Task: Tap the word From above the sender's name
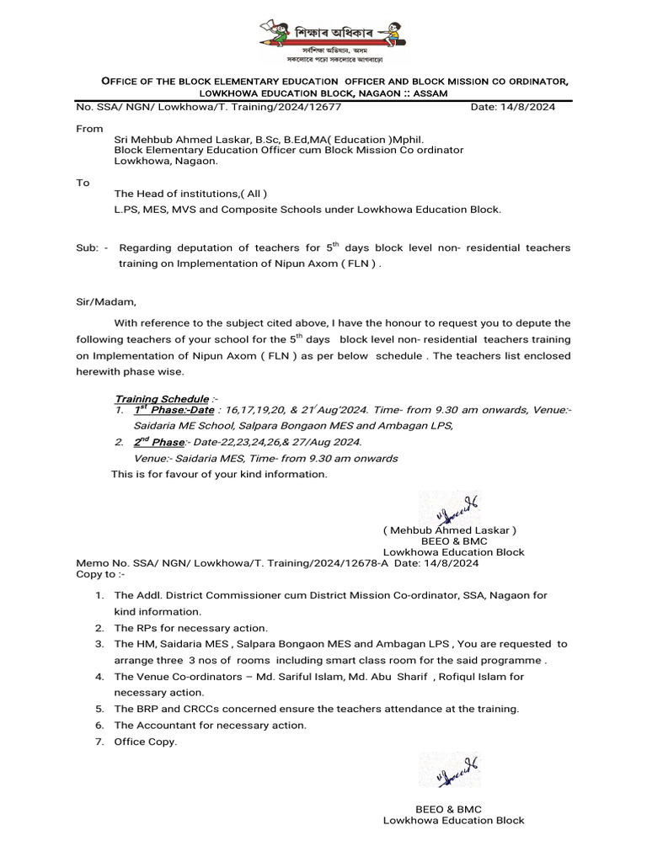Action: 89,130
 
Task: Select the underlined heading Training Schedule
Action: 161,398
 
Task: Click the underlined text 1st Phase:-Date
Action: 174,410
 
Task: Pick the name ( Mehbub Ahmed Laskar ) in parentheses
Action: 449,530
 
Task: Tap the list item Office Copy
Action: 146,742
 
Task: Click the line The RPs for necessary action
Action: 190,628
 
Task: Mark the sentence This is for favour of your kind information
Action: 219,474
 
